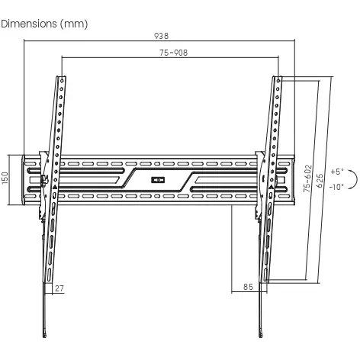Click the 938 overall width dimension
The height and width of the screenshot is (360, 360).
click(x=162, y=36)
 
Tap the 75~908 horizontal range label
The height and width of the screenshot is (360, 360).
click(x=174, y=53)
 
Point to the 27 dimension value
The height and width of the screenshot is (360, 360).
click(x=59, y=288)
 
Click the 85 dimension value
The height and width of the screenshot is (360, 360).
click(x=248, y=287)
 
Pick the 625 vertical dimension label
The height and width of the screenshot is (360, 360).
click(x=320, y=181)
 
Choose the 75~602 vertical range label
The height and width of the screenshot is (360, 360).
click(x=308, y=178)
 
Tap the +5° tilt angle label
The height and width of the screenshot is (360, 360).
click(x=337, y=172)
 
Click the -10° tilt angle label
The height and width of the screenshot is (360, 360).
click(x=336, y=187)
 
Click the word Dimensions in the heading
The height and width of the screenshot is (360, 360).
click(x=29, y=24)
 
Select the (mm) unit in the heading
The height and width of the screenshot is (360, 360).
click(x=74, y=24)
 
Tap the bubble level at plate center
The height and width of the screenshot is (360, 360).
click(x=158, y=180)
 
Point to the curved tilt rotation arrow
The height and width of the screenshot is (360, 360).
click(x=354, y=179)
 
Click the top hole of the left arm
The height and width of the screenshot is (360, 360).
click(x=62, y=81)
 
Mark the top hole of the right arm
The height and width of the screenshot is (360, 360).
click(x=278, y=81)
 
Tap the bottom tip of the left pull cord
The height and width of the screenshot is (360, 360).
click(x=45, y=336)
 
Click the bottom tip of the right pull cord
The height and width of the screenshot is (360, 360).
click(x=261, y=336)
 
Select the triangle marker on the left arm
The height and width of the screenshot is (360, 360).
click(x=55, y=188)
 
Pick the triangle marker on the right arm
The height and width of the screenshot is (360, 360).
click(x=271, y=188)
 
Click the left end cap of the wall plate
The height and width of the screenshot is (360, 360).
click(x=23, y=180)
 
